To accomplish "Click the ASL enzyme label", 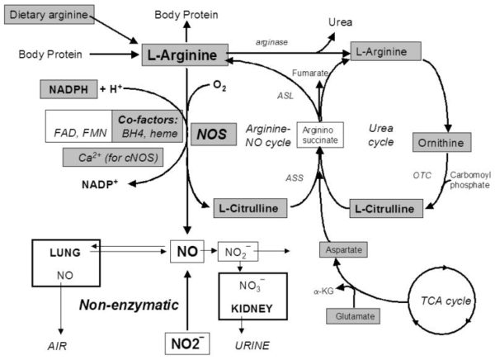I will [x=285, y=96].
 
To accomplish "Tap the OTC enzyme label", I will [x=422, y=175].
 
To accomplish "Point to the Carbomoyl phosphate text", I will [x=469, y=179].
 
